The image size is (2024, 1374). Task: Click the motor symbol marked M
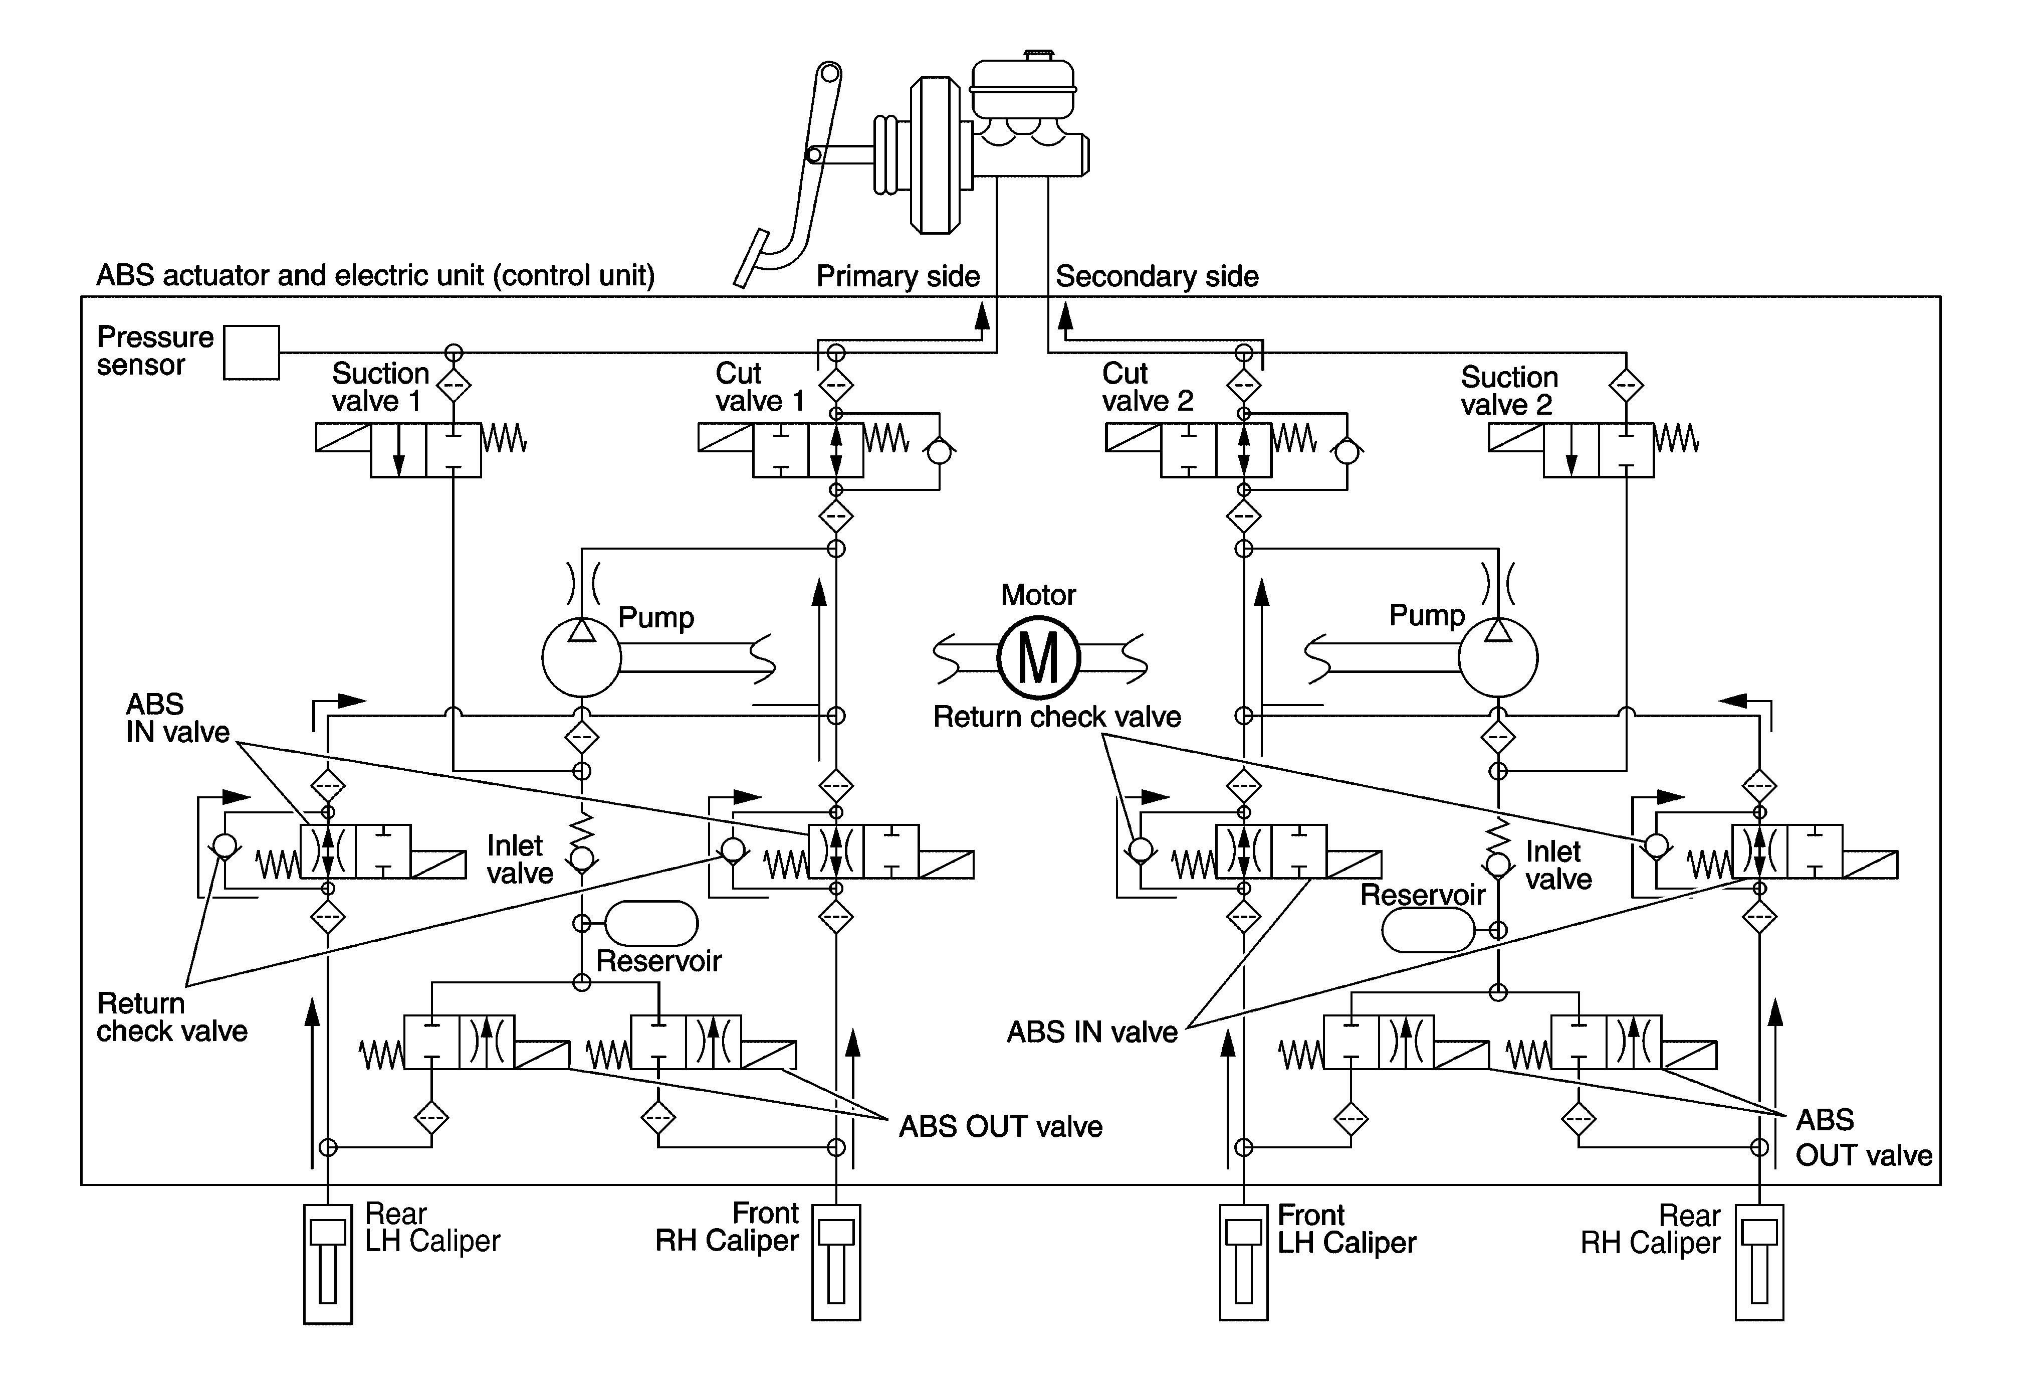click(1038, 658)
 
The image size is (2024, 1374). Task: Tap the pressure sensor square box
click(251, 353)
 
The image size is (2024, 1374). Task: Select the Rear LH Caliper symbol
click(327, 1263)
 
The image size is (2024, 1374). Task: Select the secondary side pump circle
click(1497, 658)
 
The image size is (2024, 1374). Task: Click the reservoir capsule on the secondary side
click(1428, 931)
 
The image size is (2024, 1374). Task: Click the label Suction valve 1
click(380, 387)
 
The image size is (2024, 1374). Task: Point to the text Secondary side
click(1157, 276)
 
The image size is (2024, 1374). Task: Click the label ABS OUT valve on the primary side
click(1000, 1127)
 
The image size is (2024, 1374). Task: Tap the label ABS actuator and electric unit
click(374, 275)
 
